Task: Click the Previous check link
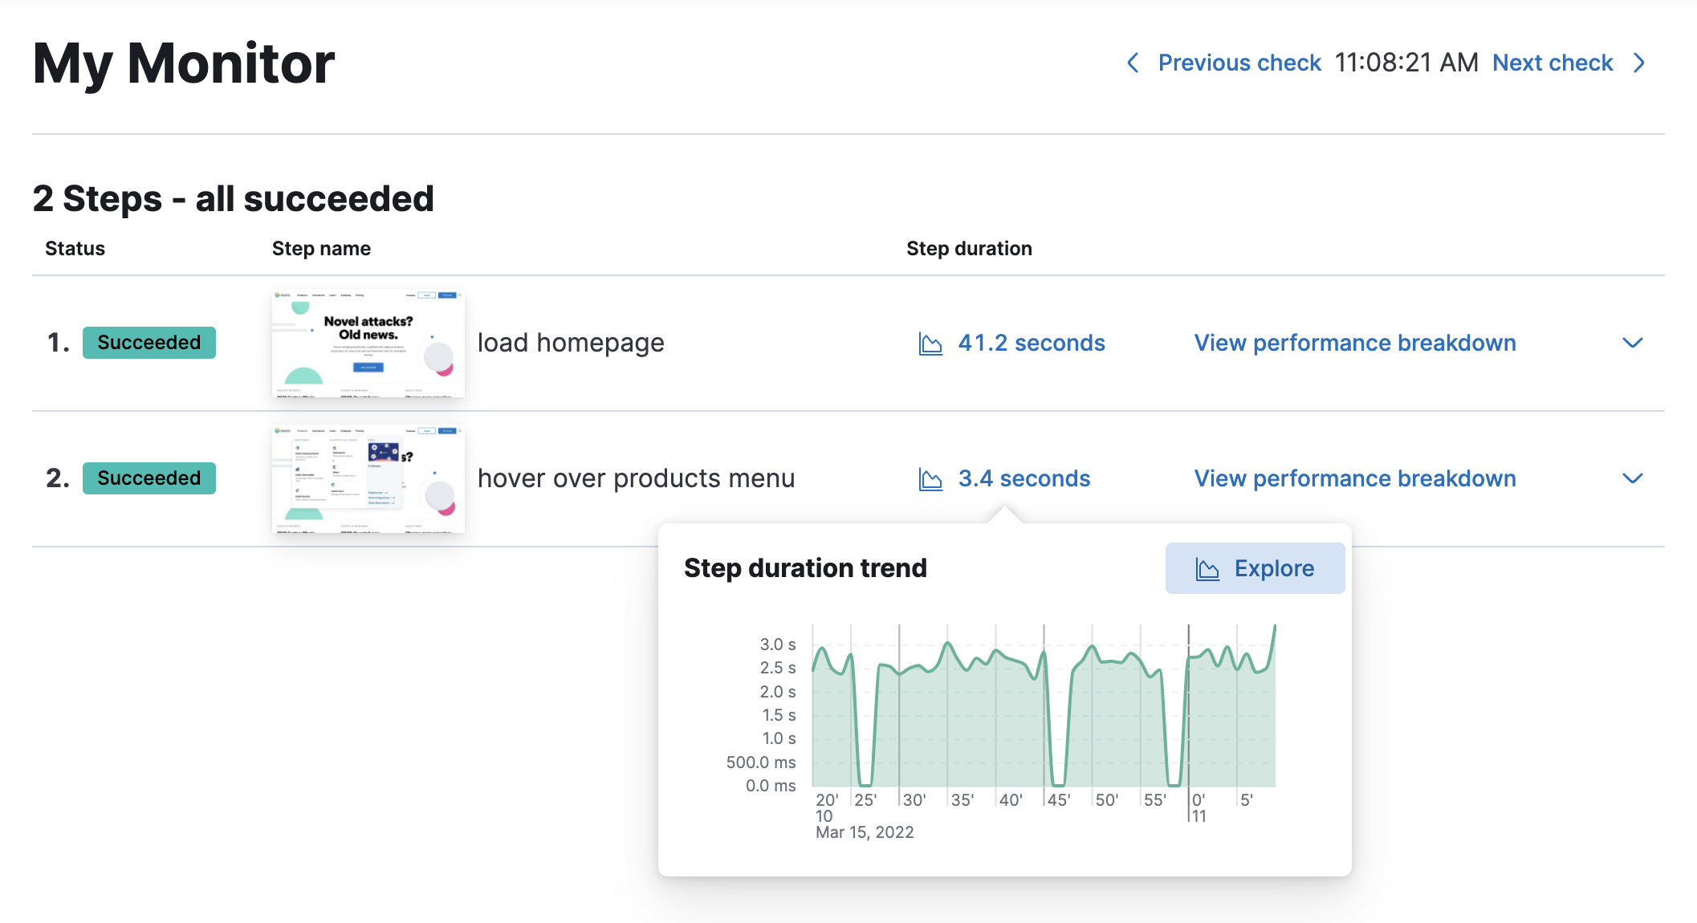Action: point(1239,63)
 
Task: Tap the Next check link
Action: point(1553,63)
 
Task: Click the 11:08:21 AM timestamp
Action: point(1406,63)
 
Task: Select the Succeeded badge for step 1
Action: point(149,343)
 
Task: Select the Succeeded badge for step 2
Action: point(149,478)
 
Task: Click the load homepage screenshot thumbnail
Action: point(368,343)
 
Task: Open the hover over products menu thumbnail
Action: point(368,478)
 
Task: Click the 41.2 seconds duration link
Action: point(1031,343)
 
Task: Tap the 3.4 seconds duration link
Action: point(1023,478)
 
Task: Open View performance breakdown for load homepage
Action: point(1355,343)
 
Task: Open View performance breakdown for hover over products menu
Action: point(1355,478)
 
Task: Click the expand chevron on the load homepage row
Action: point(1632,343)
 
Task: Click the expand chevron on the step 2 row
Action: point(1632,478)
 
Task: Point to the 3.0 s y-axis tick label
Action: point(777,644)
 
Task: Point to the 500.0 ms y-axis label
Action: point(760,762)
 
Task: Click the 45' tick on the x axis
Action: point(1059,800)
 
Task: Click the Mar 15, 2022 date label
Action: point(865,832)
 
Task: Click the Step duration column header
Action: point(969,249)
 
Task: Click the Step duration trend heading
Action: point(805,568)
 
